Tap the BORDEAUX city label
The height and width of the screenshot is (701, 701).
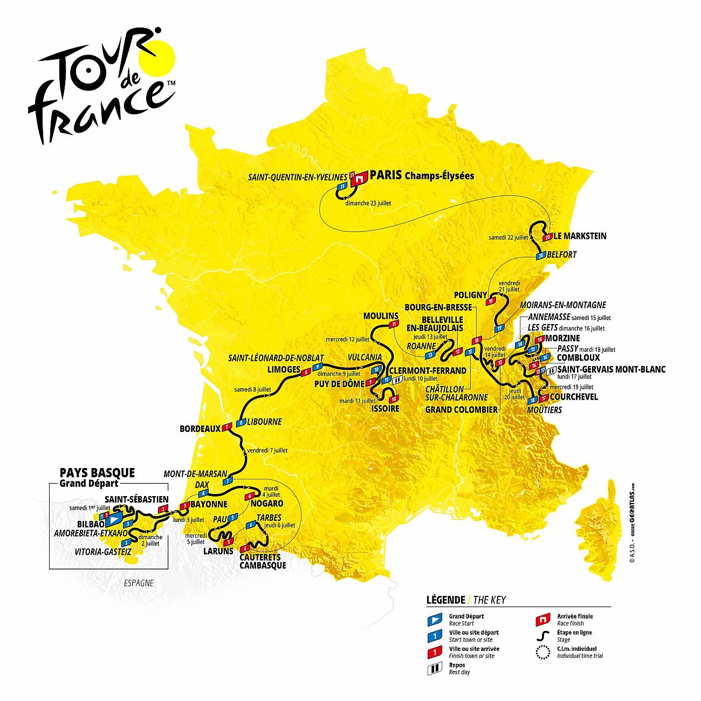pos(200,429)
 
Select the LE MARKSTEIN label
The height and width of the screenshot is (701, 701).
pos(580,236)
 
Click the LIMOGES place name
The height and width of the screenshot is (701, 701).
pos(284,369)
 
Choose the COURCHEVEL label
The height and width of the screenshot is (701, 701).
pos(574,397)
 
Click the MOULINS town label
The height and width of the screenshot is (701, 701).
pos(381,315)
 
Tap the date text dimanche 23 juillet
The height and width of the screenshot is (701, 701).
pos(368,203)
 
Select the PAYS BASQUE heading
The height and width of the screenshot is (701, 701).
pos(97,473)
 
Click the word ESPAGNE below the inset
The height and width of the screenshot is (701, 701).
pos(139,583)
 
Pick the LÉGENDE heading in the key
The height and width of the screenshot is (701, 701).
pos(445,600)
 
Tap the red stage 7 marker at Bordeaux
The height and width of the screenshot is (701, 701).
pos(228,427)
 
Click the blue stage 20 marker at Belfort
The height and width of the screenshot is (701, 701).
pos(541,256)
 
